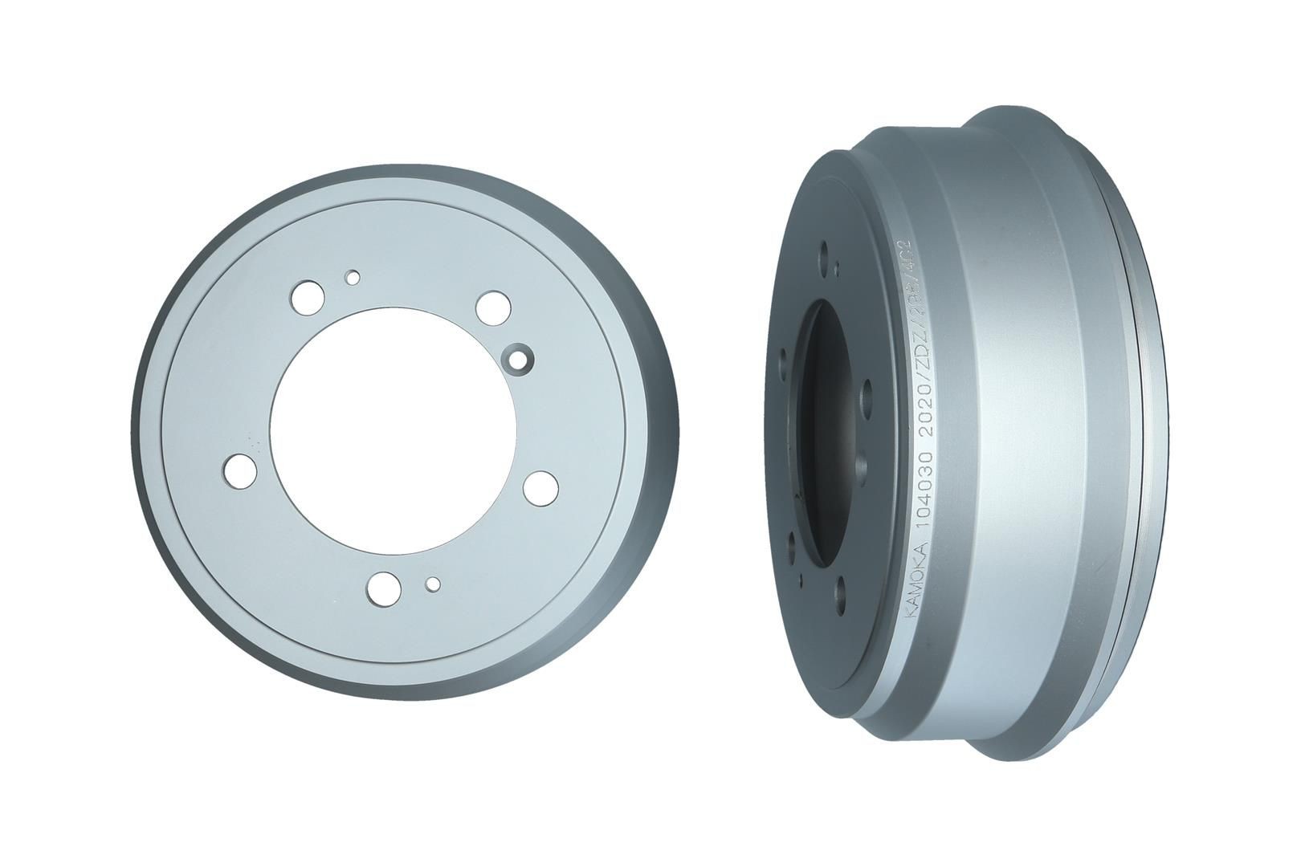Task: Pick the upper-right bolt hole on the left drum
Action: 490,307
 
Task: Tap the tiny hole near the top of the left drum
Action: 352,277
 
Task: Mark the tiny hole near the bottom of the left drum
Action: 433,584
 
